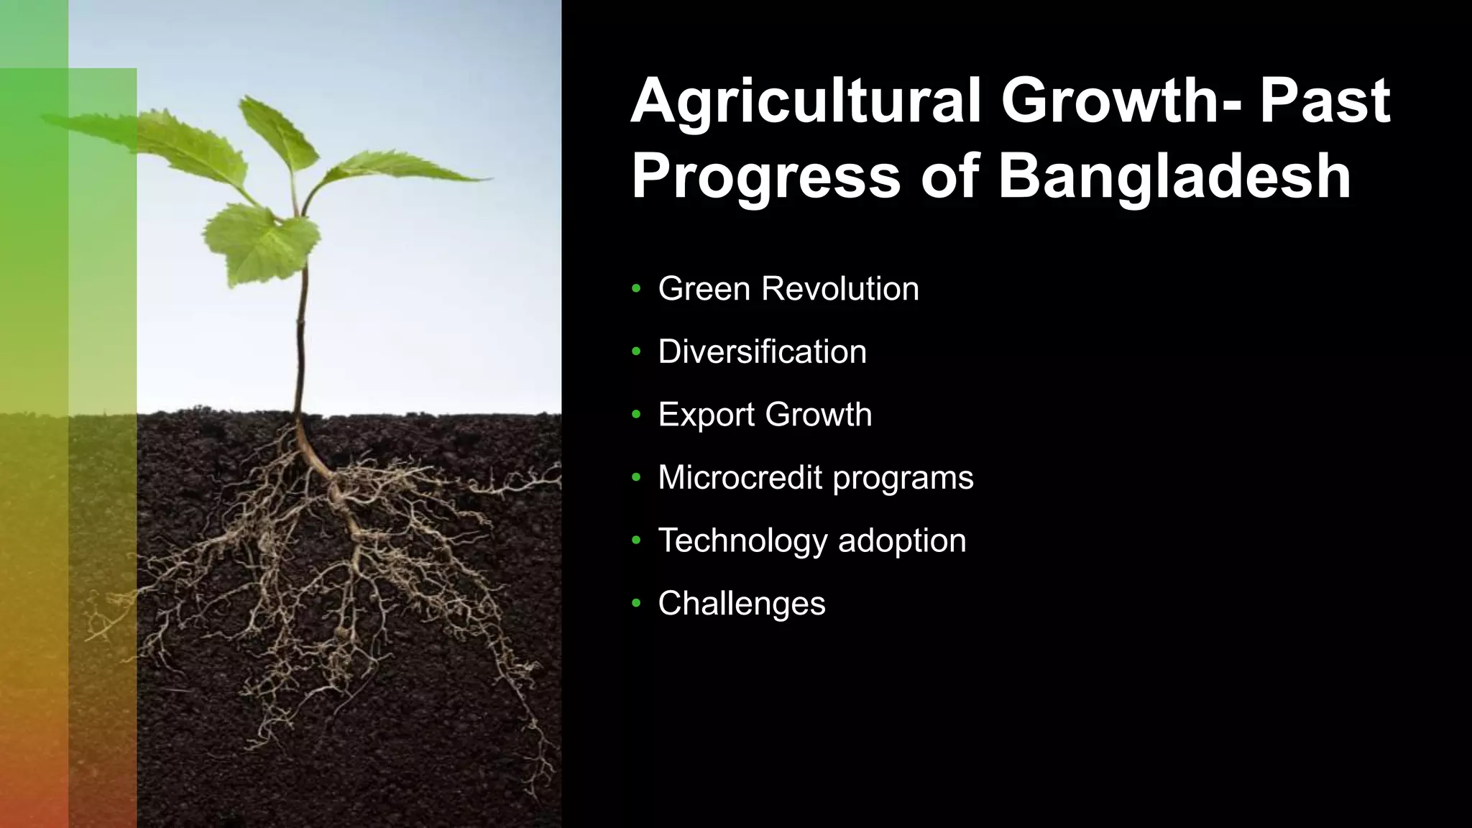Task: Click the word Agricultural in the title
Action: coord(805,103)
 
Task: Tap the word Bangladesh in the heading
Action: coord(1174,177)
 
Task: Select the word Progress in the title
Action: coord(765,177)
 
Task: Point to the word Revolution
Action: coord(839,289)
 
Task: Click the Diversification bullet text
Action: coord(762,352)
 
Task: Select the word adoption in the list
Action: coord(902,541)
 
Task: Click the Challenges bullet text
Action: coord(741,604)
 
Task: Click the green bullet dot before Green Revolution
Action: coord(635,289)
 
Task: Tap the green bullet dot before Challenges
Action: coord(635,604)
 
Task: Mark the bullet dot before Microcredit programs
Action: coord(635,478)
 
